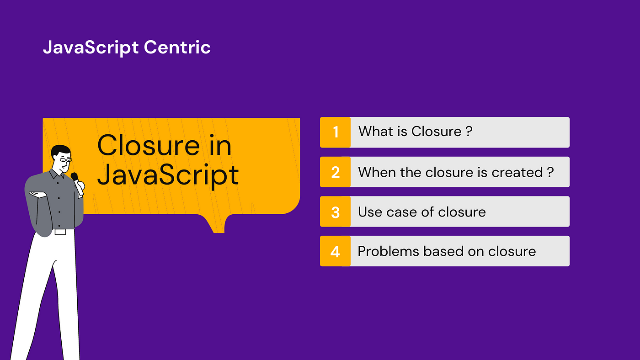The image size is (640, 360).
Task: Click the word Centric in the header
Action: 177,47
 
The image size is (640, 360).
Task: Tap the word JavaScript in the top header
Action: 91,48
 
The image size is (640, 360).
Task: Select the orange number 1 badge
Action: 336,132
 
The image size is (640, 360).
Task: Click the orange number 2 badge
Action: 336,172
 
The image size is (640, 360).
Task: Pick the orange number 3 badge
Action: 336,212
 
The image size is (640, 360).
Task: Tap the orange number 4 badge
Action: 336,251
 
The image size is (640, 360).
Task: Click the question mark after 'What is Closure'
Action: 469,131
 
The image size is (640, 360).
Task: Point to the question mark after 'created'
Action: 550,172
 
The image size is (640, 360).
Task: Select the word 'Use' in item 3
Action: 370,212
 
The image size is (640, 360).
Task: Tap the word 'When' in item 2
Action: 377,172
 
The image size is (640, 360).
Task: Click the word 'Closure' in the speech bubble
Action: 149,145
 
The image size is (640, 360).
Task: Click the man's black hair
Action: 60,151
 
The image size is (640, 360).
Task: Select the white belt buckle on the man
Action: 60,232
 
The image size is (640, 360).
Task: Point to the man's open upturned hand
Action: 37,195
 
